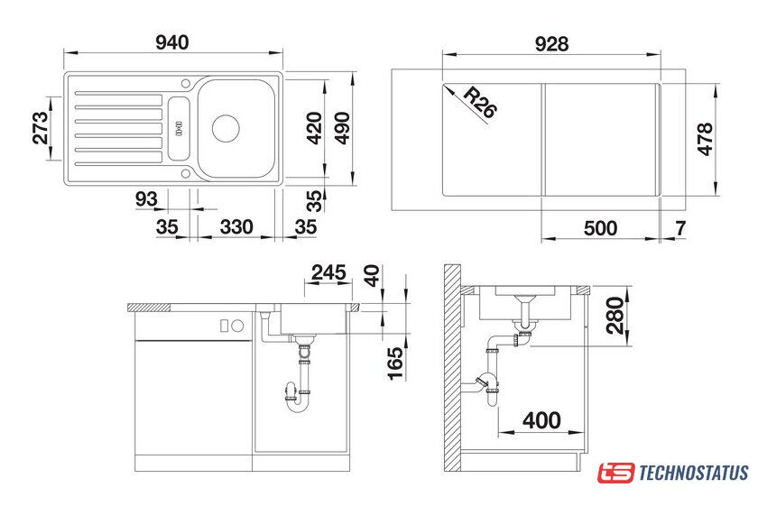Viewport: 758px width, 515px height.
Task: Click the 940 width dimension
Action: [x=172, y=42]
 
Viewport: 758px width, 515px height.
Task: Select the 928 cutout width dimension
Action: [x=551, y=44]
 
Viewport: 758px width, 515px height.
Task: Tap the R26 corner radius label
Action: [x=479, y=103]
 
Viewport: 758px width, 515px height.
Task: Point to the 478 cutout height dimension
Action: [x=706, y=139]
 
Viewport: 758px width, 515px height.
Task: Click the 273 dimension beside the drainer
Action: [x=41, y=128]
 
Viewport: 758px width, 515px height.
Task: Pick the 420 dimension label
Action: [x=314, y=128]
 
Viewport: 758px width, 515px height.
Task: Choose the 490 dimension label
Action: [x=342, y=128]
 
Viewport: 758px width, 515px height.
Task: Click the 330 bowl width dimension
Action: [x=236, y=226]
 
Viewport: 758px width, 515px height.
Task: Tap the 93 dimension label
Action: [x=146, y=198]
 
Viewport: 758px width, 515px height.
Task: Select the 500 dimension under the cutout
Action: [x=600, y=228]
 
